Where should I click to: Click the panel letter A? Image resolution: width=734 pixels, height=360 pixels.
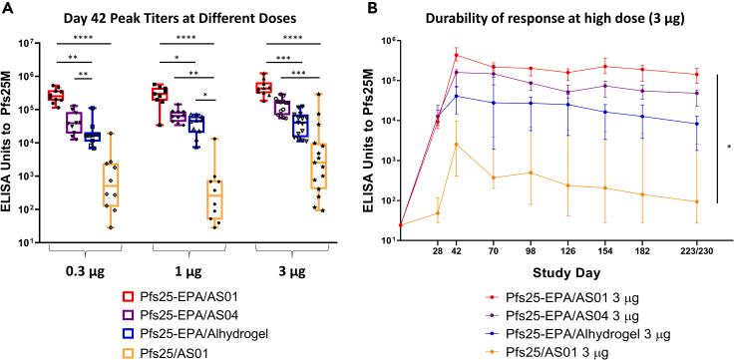(8, 9)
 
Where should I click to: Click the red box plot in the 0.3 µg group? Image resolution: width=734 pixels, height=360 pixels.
(56, 96)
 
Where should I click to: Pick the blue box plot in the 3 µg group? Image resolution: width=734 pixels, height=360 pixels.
(300, 125)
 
